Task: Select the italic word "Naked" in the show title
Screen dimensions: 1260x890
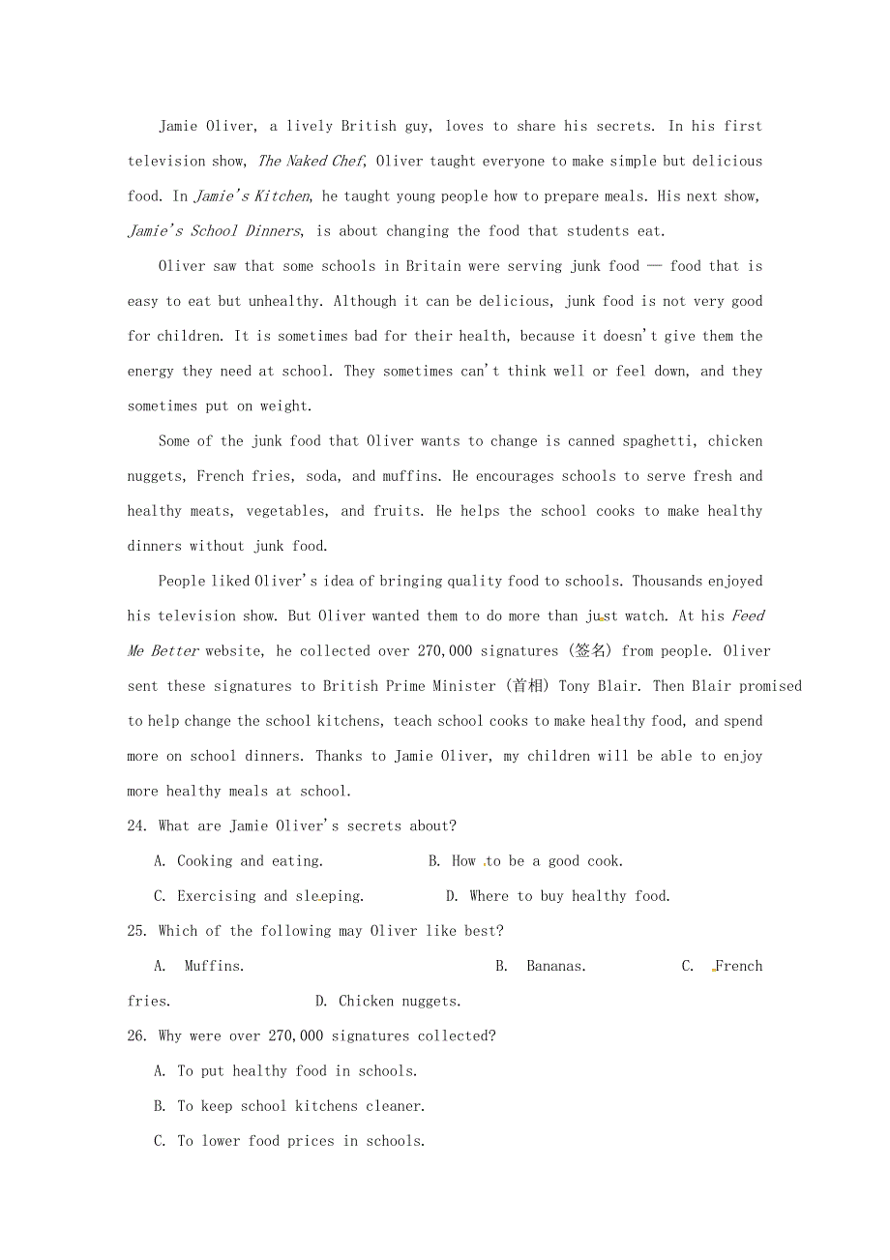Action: (x=307, y=161)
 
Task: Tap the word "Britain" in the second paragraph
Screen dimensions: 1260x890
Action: (x=433, y=266)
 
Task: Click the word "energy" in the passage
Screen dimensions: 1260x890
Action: (x=151, y=371)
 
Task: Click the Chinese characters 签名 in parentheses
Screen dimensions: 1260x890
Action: (x=591, y=651)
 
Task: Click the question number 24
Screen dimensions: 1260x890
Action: (x=137, y=825)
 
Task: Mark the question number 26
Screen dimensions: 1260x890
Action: (x=137, y=1035)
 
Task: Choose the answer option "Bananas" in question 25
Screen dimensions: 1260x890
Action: (x=555, y=966)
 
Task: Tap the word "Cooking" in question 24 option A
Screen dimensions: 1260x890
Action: (x=204, y=861)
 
